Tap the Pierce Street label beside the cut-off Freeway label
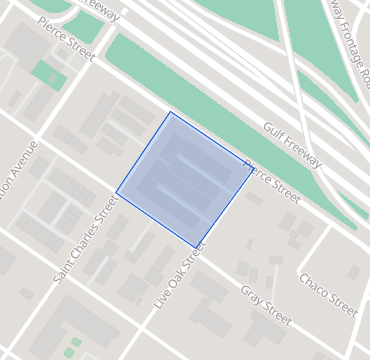click(65, 39)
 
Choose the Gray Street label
click(265, 305)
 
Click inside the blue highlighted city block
click(185, 180)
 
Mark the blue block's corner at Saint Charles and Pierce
click(170, 112)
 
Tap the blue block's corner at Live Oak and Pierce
click(252, 167)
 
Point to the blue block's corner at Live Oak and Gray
click(195, 247)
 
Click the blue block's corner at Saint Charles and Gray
click(117, 192)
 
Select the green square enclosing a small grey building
click(47, 74)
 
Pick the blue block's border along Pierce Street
click(211, 139)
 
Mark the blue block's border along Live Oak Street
click(224, 207)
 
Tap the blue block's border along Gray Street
click(156, 220)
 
